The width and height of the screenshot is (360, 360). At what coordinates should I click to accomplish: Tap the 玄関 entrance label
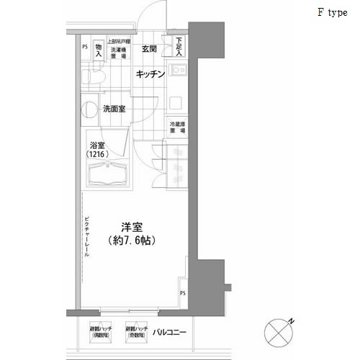click(x=150, y=49)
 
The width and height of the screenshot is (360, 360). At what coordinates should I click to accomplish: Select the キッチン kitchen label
click(x=151, y=74)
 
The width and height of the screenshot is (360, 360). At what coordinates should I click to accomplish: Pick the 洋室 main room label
click(x=130, y=225)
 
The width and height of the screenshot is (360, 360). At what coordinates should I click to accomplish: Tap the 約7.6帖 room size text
click(x=130, y=240)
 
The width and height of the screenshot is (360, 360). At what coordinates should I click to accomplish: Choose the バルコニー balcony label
click(x=171, y=333)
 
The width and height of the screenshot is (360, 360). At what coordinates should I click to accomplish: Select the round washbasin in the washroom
click(x=89, y=109)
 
